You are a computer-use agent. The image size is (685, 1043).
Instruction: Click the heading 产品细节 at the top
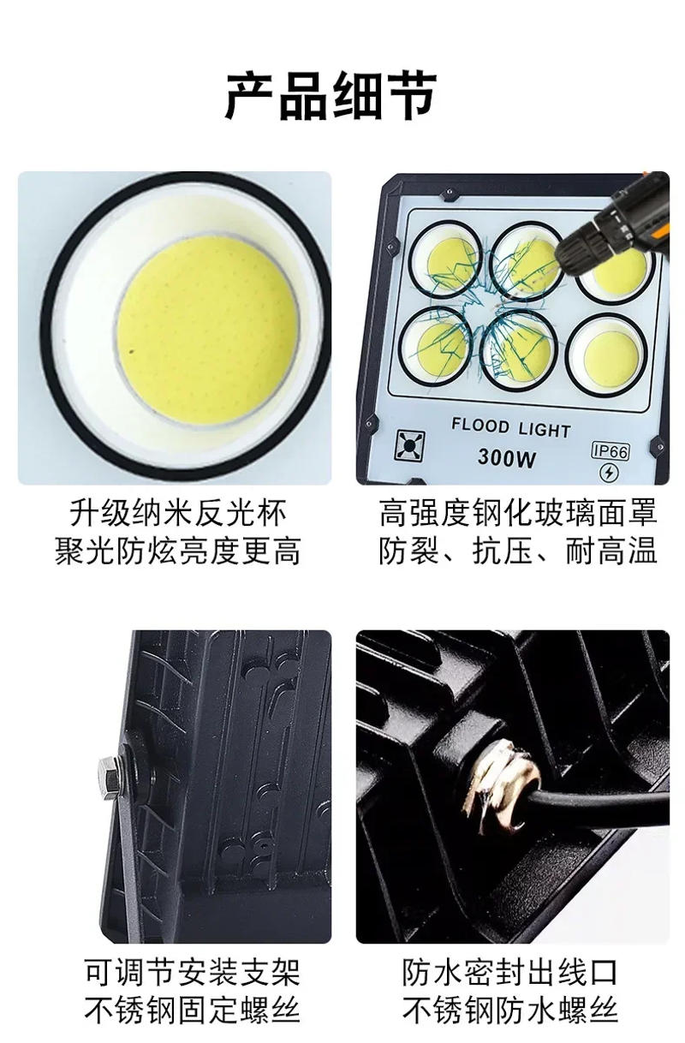pos(331,95)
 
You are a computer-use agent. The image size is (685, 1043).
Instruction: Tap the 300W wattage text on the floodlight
pos(506,458)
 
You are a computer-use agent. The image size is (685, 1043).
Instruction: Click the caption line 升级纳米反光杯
pos(178,514)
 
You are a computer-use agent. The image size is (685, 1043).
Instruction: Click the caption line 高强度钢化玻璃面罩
pos(517,514)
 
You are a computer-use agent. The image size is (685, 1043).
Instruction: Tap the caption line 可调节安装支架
pos(193,972)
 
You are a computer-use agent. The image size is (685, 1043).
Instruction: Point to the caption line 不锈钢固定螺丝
pos(193,1010)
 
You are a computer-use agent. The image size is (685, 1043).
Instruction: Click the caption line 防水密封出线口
pos(510,972)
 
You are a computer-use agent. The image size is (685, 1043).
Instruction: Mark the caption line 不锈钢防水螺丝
pos(510,1010)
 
